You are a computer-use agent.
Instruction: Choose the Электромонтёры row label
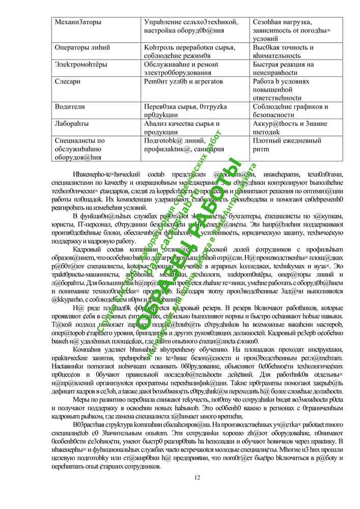tap(81, 65)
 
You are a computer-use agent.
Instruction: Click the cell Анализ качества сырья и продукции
tap(182, 128)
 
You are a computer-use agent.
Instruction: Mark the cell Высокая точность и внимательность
tap(283, 51)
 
